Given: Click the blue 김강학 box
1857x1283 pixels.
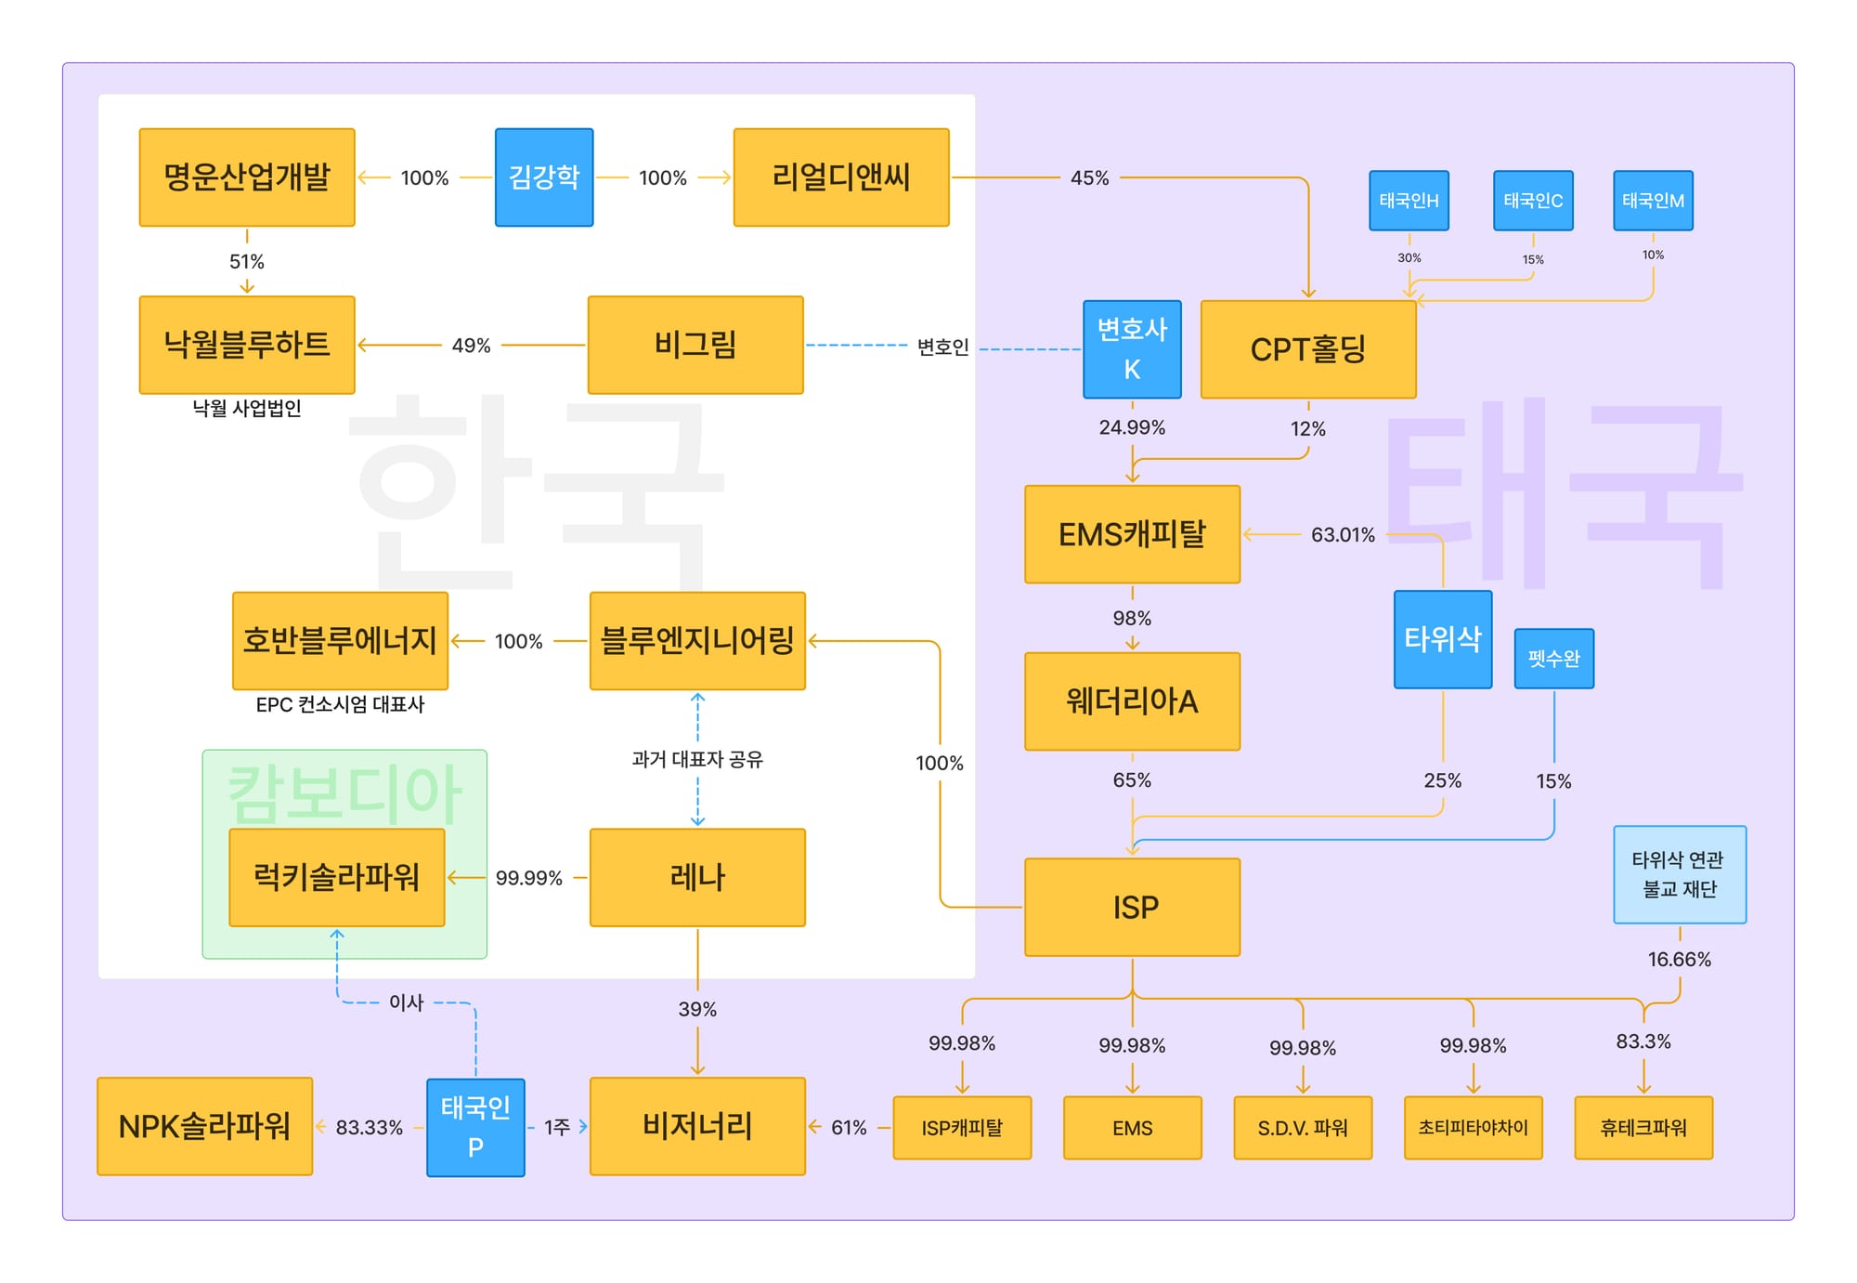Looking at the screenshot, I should (x=544, y=177).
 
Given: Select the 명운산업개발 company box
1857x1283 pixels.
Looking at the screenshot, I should (x=247, y=177).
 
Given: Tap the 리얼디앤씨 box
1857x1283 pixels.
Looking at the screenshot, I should (x=841, y=177).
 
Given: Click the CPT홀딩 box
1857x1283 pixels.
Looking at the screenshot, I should (x=1308, y=349).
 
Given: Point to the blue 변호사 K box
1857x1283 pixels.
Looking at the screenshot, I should (x=1132, y=349).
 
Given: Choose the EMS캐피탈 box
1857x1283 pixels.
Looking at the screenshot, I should (x=1132, y=534).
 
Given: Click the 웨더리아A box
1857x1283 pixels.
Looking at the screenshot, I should (x=1132, y=701).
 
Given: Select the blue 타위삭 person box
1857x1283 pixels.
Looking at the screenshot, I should (x=1442, y=639).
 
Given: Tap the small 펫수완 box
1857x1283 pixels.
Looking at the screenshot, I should (x=1553, y=659).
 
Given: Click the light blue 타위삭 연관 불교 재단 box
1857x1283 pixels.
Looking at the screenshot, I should (x=1679, y=874).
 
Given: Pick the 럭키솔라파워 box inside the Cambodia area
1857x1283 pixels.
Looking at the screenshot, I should (x=337, y=877).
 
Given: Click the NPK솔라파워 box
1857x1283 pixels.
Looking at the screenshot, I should (x=204, y=1126).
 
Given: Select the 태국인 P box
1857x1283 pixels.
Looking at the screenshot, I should (x=475, y=1127).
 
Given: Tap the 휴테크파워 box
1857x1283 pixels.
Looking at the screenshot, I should (x=1643, y=1128).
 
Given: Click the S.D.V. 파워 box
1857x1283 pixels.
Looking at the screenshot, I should (x=1303, y=1128).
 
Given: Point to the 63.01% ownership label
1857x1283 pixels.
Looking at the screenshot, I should (x=1343, y=535).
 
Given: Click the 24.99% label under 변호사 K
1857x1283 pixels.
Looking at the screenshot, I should (x=1132, y=427).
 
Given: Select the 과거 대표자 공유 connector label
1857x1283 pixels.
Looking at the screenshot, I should (x=697, y=759).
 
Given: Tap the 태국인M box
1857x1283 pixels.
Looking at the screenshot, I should (x=1653, y=201).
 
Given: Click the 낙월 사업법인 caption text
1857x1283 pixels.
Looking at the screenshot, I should (x=247, y=408).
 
